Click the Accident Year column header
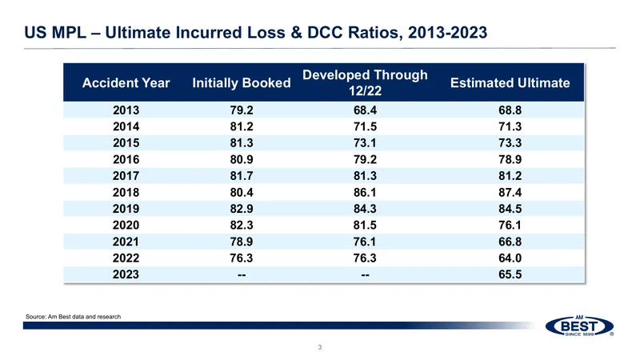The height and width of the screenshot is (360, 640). [126, 83]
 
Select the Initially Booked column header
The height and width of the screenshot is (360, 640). [242, 83]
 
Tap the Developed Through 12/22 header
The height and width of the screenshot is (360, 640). [365, 82]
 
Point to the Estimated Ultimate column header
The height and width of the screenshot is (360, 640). [510, 83]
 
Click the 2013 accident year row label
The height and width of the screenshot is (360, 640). [126, 110]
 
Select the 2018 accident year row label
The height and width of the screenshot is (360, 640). [126, 192]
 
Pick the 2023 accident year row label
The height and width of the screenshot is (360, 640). [126, 274]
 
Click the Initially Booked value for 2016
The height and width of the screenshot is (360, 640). [242, 159]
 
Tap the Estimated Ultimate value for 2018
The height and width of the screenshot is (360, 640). [510, 192]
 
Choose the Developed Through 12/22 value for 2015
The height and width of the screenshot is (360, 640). [365, 143]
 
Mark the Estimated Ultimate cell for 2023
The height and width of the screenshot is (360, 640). [510, 274]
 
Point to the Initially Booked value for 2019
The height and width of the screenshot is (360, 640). [242, 209]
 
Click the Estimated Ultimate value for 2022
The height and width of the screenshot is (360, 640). [510, 258]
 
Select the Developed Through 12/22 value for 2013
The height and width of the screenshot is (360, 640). [365, 110]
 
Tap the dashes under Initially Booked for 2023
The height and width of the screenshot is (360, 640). [242, 274]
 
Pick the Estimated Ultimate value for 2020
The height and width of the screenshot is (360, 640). [510, 225]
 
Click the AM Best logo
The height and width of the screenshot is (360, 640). [579, 326]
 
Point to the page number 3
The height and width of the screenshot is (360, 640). [319, 347]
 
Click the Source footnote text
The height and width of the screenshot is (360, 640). [73, 316]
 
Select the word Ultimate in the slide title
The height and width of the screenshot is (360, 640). [138, 33]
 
